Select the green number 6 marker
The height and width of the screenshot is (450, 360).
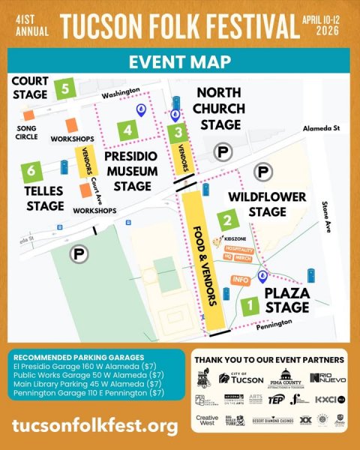point(31,172)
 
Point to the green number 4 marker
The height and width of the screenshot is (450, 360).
point(129,131)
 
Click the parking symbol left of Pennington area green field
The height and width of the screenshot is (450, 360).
point(77,255)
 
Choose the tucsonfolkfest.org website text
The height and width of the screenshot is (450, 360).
point(95,426)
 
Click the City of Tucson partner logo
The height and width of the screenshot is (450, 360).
point(241,377)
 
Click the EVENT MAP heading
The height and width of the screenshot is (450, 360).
point(180,62)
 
